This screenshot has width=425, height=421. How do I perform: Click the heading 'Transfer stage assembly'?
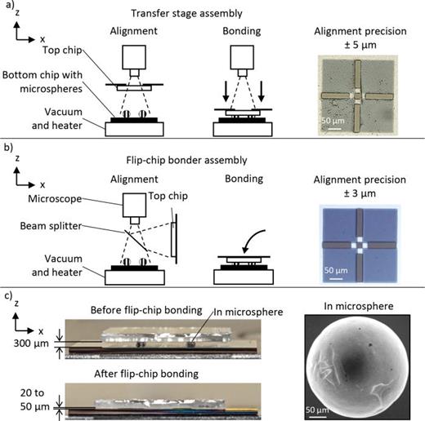coord(212,11)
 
